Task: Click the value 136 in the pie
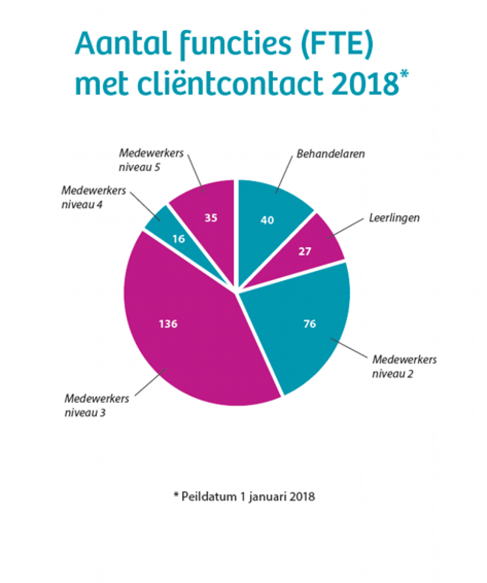coord(168,324)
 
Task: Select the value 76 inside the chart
coord(310,324)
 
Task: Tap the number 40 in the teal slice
coord(267,220)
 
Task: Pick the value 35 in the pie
coord(211,218)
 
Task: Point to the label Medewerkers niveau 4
coord(94,197)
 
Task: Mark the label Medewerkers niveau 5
coord(152,160)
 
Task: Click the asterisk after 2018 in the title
coord(404,74)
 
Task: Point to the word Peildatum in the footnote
coord(205,496)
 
